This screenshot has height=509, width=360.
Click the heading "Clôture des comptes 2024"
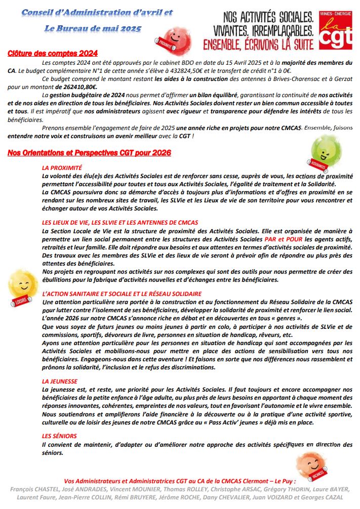(x=53, y=53)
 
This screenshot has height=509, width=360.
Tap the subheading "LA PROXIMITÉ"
(x=62, y=167)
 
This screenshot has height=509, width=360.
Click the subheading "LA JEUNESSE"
(x=60, y=380)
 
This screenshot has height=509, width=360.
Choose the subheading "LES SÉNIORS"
(x=59, y=436)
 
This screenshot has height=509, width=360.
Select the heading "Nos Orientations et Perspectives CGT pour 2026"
(x=90, y=153)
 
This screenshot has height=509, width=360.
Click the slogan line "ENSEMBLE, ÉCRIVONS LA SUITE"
(x=257, y=44)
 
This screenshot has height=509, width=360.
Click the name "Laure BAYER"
(x=333, y=489)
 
